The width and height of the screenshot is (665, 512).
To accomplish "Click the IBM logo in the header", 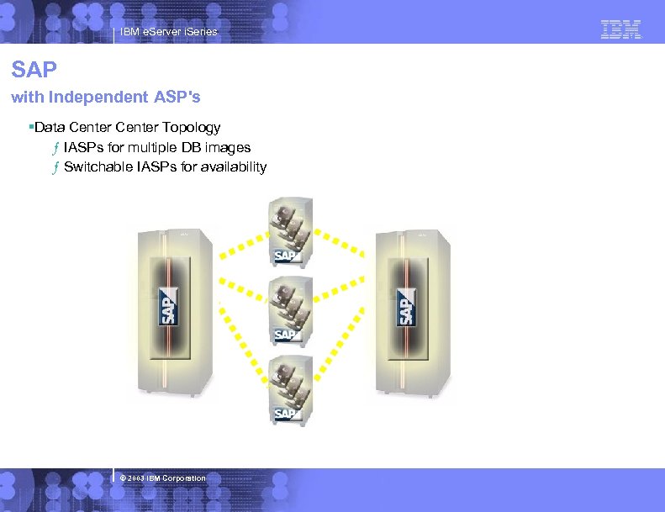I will point(621,30).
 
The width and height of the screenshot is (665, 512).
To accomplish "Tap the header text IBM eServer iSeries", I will point(168,32).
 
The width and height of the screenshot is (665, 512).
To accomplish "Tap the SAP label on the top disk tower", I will point(286,256).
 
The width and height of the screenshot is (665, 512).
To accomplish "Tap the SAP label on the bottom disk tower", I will point(286,413).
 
